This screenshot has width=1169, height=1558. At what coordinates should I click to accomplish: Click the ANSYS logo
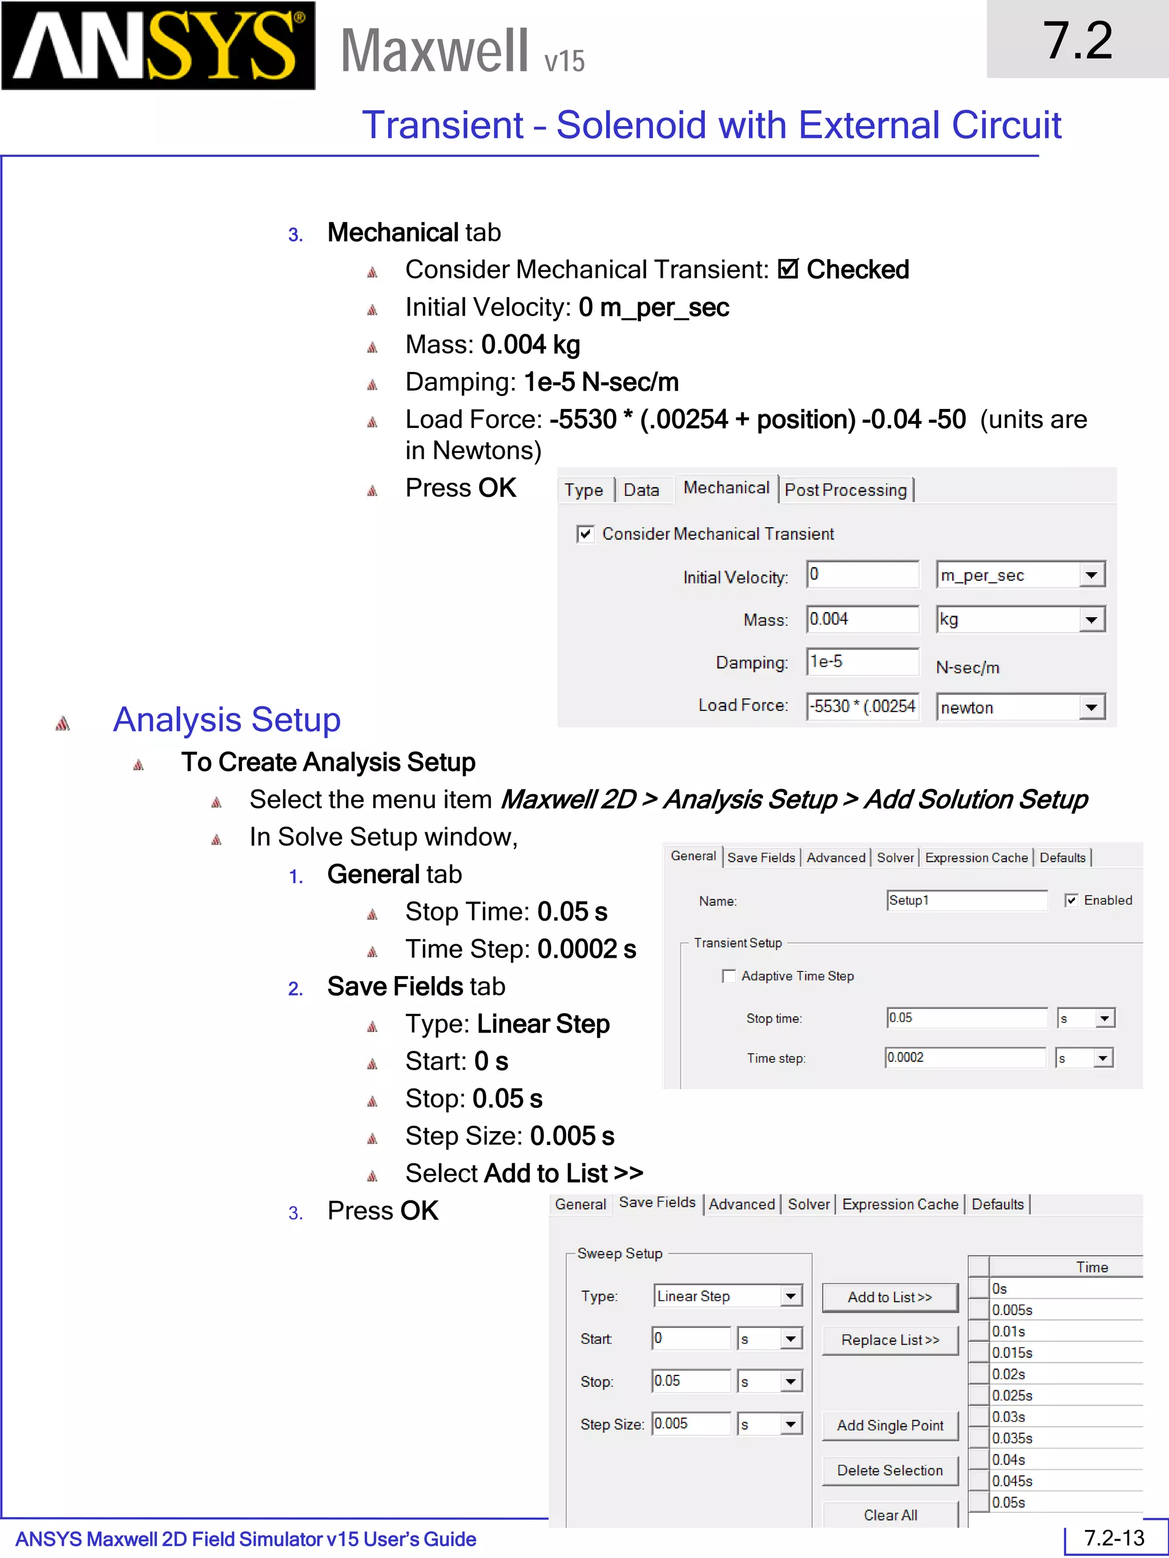click(159, 46)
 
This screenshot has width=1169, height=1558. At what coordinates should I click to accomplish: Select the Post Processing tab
click(845, 489)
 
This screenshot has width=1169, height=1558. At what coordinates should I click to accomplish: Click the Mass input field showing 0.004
click(862, 619)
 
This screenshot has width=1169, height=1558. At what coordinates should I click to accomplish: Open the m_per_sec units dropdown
click(1091, 574)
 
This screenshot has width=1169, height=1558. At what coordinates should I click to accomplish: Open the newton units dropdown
click(1091, 707)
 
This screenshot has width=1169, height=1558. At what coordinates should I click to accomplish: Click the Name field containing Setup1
click(966, 900)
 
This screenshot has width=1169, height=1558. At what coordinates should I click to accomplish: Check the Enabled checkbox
click(1071, 900)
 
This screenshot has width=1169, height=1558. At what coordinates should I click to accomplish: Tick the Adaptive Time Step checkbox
click(728, 976)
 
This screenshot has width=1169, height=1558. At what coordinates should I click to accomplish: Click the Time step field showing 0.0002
click(965, 1057)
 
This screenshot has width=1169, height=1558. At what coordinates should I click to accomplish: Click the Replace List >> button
click(890, 1340)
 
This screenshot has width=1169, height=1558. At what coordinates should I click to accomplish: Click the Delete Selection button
click(890, 1470)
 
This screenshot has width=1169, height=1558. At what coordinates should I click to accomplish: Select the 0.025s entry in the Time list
click(1012, 1395)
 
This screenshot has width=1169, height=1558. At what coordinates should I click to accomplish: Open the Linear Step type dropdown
click(791, 1296)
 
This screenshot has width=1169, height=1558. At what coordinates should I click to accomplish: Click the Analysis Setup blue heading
click(227, 720)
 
